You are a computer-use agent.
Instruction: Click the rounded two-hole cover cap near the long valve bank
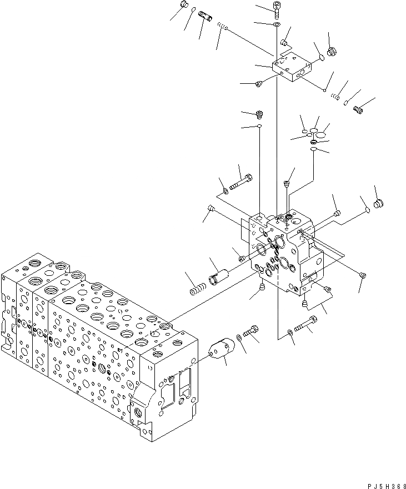pos(221,349)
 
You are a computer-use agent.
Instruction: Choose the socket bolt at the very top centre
pos(277,8)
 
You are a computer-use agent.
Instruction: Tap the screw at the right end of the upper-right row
pos(358,110)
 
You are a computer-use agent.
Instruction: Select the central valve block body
pos(283,250)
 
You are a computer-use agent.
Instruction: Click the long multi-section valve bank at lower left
pos(94,344)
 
